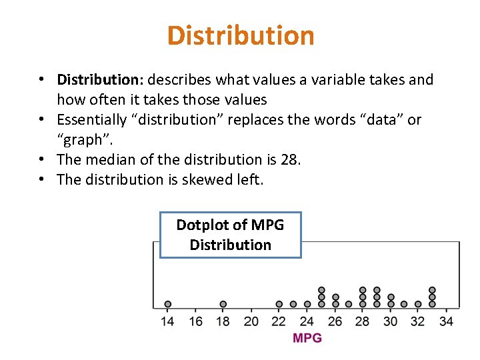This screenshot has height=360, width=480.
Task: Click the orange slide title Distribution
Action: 241,35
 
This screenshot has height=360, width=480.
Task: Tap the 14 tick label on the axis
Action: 167,321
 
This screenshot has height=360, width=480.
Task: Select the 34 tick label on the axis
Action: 447,321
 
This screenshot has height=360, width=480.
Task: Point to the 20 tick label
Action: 251,321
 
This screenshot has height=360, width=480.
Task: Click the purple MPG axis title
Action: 307,338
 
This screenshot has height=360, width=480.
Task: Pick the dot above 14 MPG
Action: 167,304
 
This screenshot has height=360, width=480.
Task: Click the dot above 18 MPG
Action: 223,304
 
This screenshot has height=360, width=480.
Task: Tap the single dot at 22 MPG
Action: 279,304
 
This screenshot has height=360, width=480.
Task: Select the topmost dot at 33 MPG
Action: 432,290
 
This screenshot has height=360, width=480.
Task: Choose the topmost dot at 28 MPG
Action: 363,290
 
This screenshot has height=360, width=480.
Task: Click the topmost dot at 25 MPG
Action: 321,290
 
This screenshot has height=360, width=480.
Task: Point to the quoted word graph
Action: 81,140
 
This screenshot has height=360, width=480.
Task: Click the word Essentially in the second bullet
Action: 92,120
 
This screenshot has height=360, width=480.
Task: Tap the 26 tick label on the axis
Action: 335,321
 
